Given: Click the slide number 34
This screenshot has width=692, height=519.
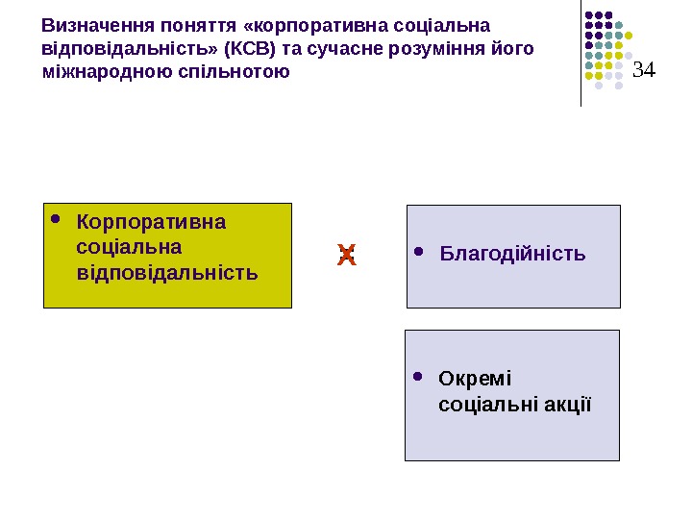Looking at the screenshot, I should (643, 69).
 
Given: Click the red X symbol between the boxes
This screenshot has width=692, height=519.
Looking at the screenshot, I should (347, 256).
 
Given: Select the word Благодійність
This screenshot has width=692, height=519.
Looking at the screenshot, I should (512, 255).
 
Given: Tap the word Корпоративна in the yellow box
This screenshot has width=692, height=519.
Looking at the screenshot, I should (151, 223).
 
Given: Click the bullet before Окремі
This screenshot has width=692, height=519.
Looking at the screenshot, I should (418, 377).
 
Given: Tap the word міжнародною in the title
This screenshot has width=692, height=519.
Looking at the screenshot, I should (108, 72).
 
